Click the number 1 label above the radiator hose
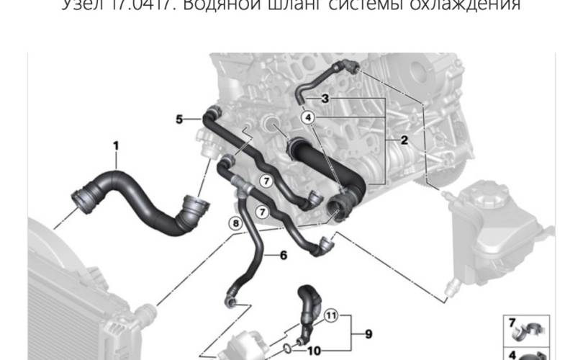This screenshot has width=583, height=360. click(114, 146)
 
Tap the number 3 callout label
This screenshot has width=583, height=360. click(325, 98)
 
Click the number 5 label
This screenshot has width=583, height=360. click(179, 118)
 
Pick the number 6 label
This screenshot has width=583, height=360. click(282, 254)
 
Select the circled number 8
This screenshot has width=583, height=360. click(235, 224)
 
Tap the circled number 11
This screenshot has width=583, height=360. click(330, 315)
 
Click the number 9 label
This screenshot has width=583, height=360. click(367, 333)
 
